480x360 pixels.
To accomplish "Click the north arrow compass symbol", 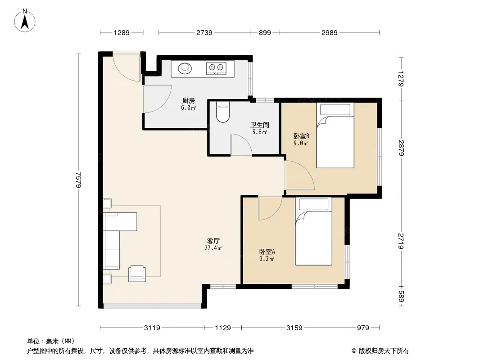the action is click(25, 20).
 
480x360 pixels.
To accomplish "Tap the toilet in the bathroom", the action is click(222, 112).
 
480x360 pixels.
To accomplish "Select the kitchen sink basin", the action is click(185, 68).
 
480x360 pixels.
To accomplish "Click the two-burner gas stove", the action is click(216, 68).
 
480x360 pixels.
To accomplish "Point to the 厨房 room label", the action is click(189, 101).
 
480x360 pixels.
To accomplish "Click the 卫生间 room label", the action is click(260, 125).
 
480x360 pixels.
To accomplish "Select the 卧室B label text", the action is click(301, 136).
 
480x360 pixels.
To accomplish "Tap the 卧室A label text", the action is click(267, 252).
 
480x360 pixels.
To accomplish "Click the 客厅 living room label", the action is click(213, 241).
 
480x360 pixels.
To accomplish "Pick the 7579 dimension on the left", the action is click(79, 180).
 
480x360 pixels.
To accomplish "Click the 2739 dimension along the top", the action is click(204, 32).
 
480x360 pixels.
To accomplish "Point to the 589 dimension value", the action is click(401, 296).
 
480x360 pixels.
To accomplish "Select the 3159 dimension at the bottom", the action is click(294, 328).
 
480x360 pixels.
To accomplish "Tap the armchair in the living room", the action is click(137, 273).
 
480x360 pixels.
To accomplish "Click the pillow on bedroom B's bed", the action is click(335, 109).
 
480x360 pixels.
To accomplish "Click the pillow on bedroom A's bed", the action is click(313, 204).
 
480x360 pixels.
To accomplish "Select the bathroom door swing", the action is click(241, 144).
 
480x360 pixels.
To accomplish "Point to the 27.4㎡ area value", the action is click(213, 248).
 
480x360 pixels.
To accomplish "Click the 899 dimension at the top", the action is click(265, 32).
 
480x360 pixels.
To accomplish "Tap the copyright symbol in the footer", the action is click(354, 351).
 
